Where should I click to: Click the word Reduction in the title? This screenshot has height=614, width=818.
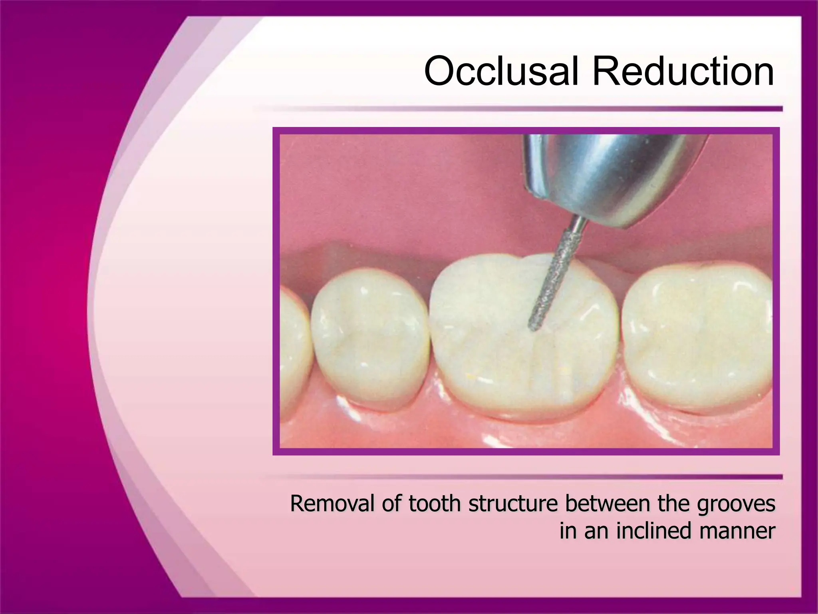(x=683, y=72)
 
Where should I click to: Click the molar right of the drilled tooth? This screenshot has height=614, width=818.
(x=695, y=336)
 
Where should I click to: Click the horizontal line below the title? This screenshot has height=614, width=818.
(x=519, y=109)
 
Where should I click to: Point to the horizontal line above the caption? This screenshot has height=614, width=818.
(x=519, y=476)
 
